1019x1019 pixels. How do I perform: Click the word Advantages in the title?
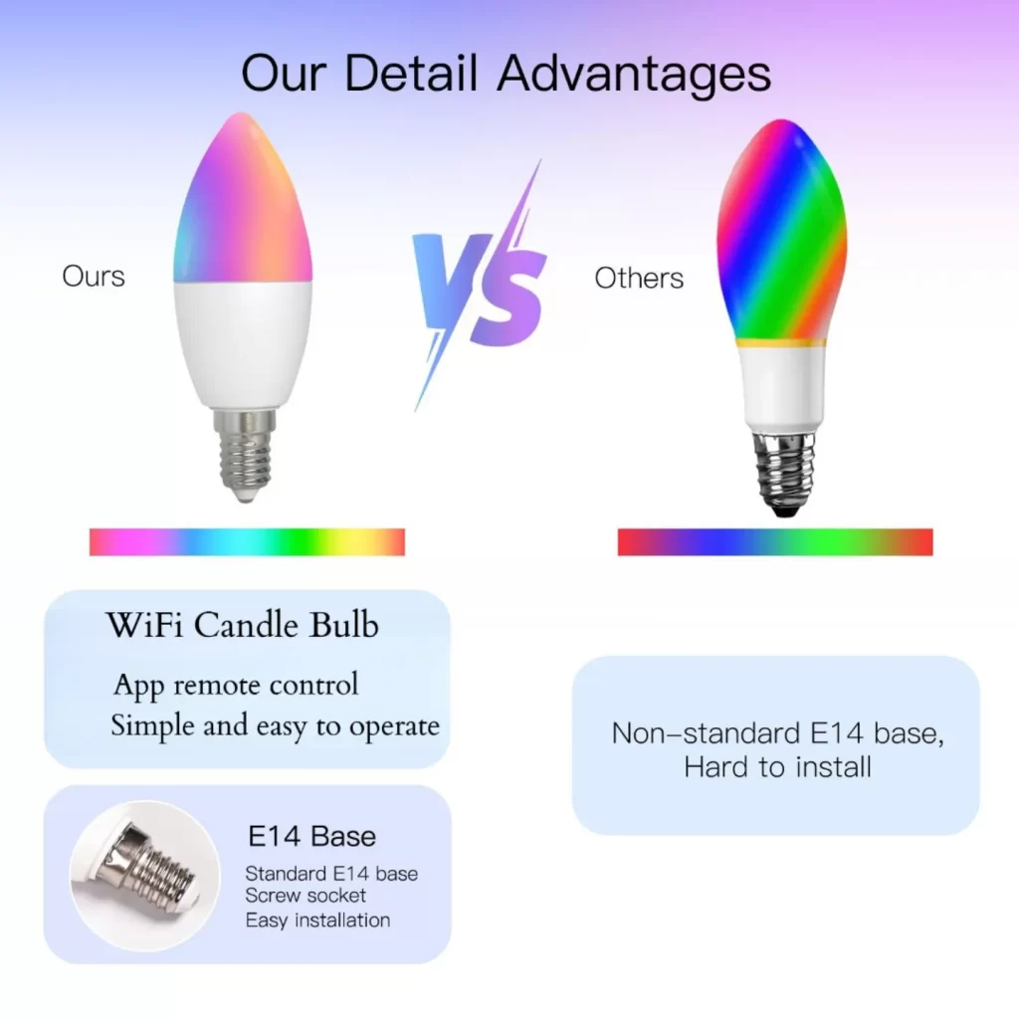coord(634,74)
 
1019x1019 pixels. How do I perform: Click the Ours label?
coord(94,277)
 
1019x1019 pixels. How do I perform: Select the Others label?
coord(639,279)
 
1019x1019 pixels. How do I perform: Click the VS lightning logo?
coord(480,286)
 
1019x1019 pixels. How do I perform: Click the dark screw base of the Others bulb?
coord(784,473)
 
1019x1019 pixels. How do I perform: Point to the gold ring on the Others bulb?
coord(781,343)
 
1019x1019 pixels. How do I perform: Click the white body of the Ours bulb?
coord(243,343)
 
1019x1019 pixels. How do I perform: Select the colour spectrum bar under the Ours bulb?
coord(247,542)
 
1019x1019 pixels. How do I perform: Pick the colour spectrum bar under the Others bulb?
coord(775,542)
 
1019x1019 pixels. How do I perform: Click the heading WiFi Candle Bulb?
coord(243,625)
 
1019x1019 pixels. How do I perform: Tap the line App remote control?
coord(236,685)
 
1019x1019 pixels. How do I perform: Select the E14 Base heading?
coord(311,836)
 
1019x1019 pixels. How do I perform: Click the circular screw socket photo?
coord(145,876)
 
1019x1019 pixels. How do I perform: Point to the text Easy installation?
coord(317,920)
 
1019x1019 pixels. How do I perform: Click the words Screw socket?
coord(306,895)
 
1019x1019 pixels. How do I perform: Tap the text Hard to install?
coord(777,767)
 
